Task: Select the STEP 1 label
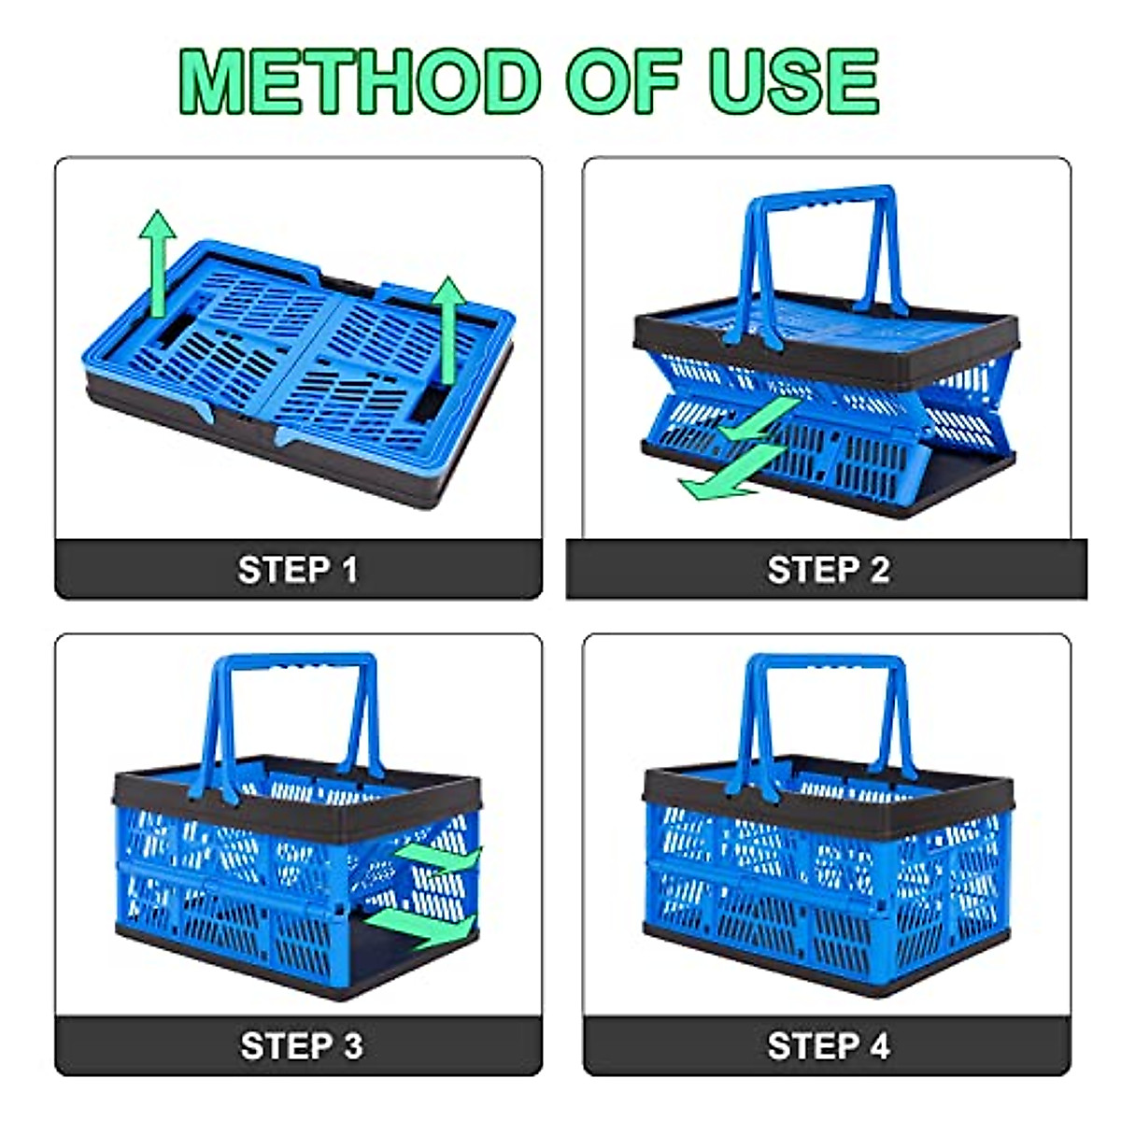[x=298, y=570]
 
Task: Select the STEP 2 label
[x=828, y=570]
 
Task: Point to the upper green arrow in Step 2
[x=759, y=420]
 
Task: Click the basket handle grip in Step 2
[x=819, y=198]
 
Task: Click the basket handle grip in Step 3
[x=292, y=665]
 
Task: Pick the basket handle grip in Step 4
[x=827, y=666]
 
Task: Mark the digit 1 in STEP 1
[x=349, y=570]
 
